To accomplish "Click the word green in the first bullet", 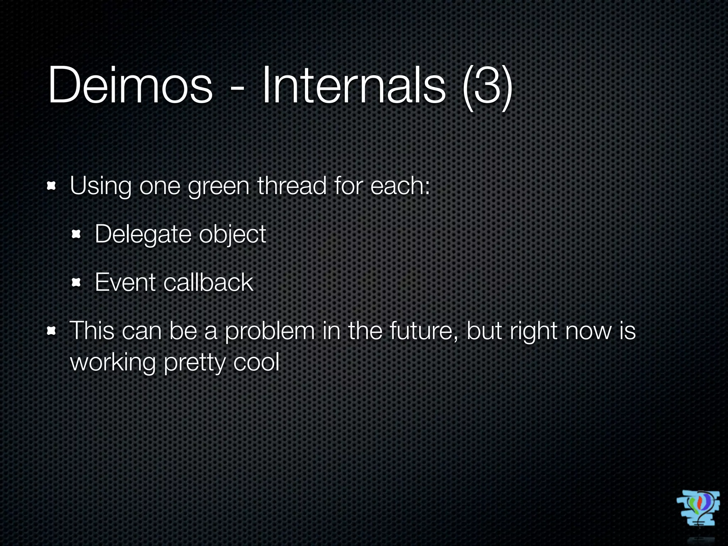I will [219, 187].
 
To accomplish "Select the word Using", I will [101, 187].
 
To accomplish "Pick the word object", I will [232, 235].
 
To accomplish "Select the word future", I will [423, 331].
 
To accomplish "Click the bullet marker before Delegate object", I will [76, 235].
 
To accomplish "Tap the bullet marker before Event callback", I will [76, 283].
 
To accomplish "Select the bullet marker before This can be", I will [52, 331].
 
